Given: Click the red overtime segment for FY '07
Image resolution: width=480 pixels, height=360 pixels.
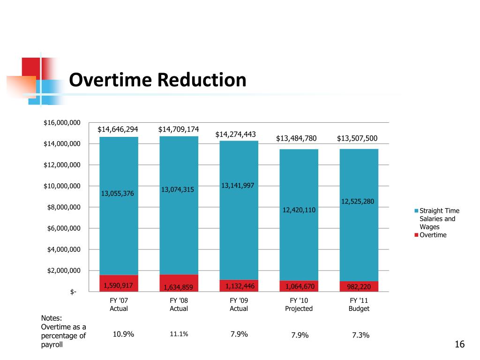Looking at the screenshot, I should [x=119, y=283].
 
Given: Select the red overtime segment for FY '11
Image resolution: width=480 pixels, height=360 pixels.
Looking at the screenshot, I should [x=359, y=286].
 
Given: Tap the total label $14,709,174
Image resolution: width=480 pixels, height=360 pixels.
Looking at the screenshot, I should [x=179, y=129].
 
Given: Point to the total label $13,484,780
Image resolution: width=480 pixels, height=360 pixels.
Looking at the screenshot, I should [x=296, y=138].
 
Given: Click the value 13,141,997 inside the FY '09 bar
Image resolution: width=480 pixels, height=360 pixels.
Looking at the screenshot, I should [x=238, y=186].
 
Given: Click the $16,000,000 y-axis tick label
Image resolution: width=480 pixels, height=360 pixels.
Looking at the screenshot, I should [x=62, y=123].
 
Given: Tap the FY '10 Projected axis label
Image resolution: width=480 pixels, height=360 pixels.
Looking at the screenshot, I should [x=299, y=304].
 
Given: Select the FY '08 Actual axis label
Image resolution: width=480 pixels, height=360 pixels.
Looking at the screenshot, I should [x=179, y=304].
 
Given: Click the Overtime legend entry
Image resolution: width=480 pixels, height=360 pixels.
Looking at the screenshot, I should [x=433, y=235].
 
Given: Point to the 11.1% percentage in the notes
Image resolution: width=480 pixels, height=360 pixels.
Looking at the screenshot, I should [x=179, y=334].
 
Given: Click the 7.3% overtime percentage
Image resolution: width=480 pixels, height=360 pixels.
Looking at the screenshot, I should [x=360, y=335].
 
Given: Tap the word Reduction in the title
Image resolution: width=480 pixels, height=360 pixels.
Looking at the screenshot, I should [x=202, y=80].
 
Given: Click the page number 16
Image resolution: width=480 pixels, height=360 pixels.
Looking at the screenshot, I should [x=459, y=345].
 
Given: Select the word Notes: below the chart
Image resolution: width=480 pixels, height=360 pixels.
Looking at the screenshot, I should [x=52, y=318].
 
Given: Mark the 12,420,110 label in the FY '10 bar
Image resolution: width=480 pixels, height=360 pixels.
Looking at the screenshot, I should [x=299, y=210].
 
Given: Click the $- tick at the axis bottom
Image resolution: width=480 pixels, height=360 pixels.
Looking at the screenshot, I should [x=73, y=292].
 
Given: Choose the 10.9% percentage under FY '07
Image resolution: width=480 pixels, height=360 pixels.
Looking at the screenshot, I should [x=123, y=334].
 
